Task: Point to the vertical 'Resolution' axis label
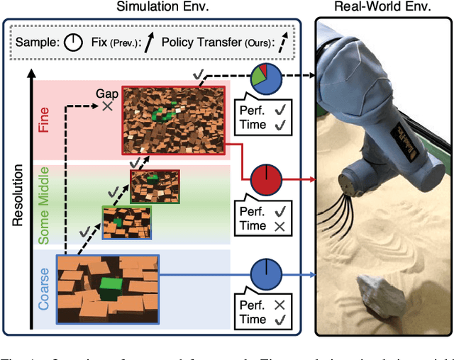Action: [x=18, y=196]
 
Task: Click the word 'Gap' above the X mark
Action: [x=107, y=94]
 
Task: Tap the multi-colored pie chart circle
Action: [x=267, y=79]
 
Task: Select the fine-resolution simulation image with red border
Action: [x=173, y=118]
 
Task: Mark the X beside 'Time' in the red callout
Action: [x=279, y=226]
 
